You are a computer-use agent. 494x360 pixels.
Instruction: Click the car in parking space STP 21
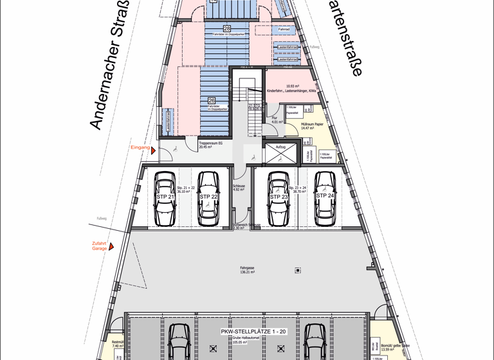(x=165, y=199)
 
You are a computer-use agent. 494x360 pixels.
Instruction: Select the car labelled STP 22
(x=208, y=199)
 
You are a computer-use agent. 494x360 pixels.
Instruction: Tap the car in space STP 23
(x=279, y=199)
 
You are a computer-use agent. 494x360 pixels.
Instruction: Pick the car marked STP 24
(x=325, y=199)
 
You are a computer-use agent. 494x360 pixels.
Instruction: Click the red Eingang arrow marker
(x=153, y=150)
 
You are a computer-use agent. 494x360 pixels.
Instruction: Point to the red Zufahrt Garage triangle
(x=111, y=246)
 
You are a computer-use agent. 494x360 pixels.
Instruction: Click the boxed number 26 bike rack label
(x=211, y=100)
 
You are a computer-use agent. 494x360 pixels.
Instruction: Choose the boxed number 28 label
(x=227, y=28)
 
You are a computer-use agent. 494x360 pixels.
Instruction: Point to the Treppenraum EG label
(x=210, y=145)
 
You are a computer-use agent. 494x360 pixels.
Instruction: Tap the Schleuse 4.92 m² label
(x=239, y=188)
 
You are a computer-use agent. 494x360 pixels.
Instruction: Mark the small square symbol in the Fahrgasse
(x=298, y=271)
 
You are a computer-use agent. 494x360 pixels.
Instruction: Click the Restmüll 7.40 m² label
(x=116, y=344)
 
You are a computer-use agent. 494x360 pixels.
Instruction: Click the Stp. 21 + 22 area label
(x=186, y=189)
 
